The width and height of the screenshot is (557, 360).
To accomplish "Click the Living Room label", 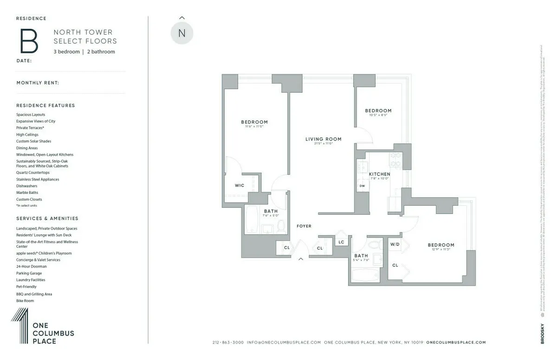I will click(x=323, y=139).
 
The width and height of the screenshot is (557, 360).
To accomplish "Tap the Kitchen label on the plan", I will click(x=379, y=174).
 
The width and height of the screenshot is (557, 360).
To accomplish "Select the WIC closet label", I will click(x=240, y=186).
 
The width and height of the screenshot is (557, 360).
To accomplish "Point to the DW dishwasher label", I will click(x=362, y=186).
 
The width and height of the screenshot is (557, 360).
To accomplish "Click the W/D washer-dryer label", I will click(x=395, y=244).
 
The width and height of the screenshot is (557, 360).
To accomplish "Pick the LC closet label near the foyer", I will click(x=341, y=242).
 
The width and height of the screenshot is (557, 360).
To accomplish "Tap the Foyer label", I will click(x=304, y=226).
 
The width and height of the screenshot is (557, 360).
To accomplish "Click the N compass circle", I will click(x=181, y=33).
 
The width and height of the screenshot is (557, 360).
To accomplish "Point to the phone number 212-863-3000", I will click(x=228, y=342).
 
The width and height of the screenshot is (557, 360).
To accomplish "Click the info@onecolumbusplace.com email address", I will click(x=284, y=342).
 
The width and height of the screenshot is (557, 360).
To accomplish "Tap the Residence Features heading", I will click(x=45, y=105).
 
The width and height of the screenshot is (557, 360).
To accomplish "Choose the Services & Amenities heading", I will click(x=47, y=218).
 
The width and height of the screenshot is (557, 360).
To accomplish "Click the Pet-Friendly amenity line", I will click(x=26, y=287).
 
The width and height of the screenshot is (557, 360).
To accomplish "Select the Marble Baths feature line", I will click(x=27, y=193).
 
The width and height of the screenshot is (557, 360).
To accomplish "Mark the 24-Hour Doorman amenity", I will click(x=32, y=266).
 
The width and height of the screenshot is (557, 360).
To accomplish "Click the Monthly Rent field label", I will click(x=38, y=83).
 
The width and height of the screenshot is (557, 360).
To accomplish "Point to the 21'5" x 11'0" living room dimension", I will click(x=323, y=144).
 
